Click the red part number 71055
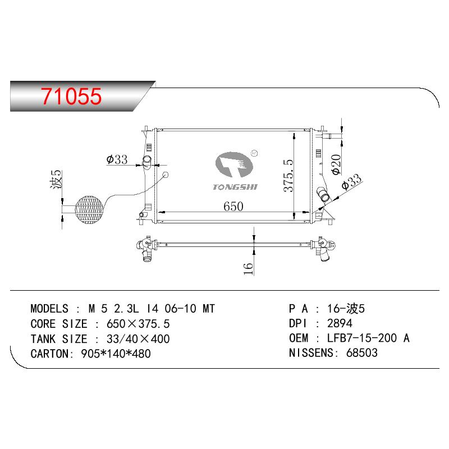click(x=71, y=96)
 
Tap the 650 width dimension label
click(x=233, y=207)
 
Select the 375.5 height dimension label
click(x=288, y=176)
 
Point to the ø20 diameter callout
click(x=336, y=164)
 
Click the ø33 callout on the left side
click(x=117, y=159)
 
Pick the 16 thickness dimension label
click(x=248, y=269)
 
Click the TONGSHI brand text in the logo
click(x=235, y=187)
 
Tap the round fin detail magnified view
click(x=89, y=209)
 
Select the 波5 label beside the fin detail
click(x=56, y=180)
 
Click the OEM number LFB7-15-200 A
click(x=368, y=338)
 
